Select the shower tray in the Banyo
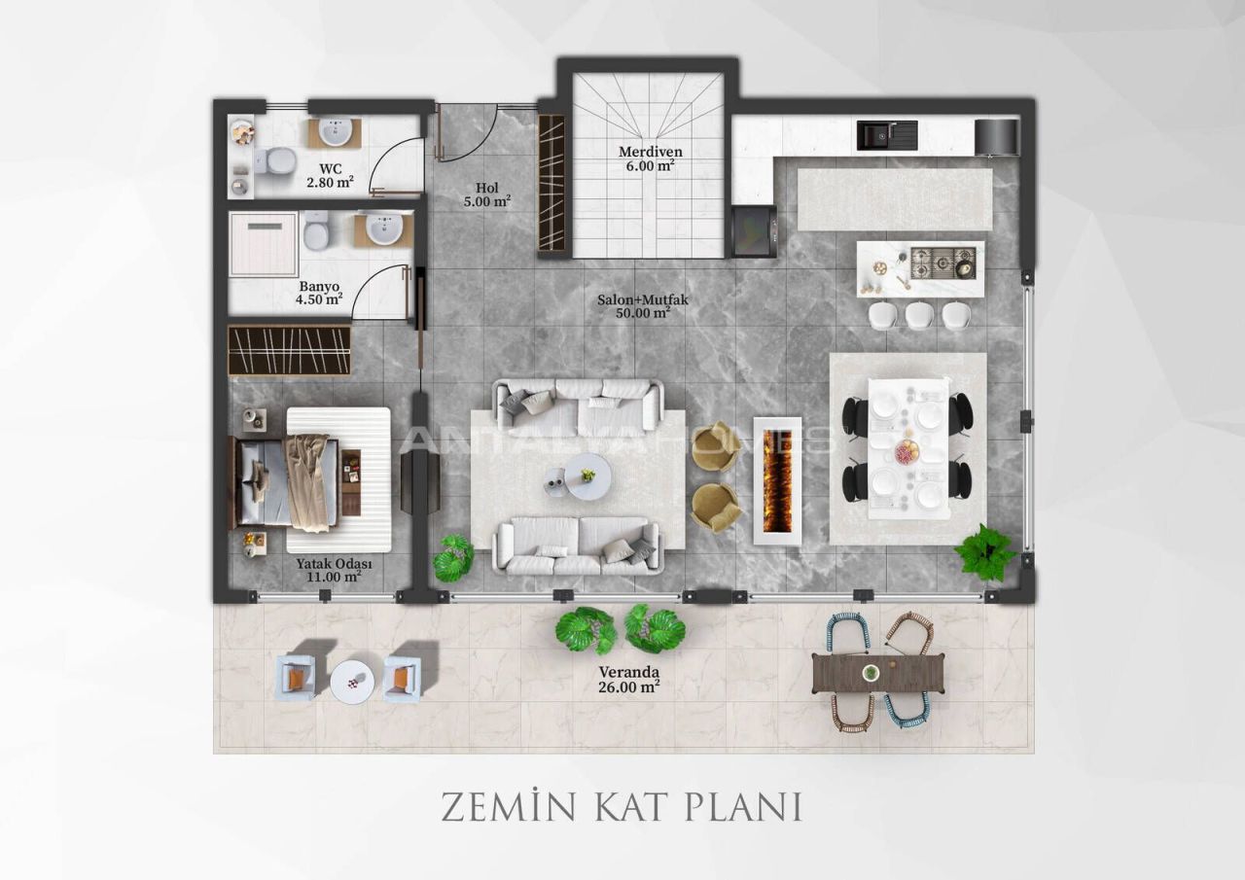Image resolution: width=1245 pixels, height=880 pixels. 263,244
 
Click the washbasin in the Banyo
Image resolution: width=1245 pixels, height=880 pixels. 384,229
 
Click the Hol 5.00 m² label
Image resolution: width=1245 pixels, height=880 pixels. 487,194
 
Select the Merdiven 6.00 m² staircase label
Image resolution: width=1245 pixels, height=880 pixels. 650,158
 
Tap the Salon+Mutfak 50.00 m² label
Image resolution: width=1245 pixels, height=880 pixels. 642,306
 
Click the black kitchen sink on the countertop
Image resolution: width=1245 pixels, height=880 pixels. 886,135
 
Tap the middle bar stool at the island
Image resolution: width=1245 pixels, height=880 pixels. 918,315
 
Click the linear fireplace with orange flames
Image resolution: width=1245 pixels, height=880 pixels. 777,480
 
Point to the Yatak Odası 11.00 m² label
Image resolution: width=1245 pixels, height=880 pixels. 333,570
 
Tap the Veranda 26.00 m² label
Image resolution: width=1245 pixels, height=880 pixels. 628,679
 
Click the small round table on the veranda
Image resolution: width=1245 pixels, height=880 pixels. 351,681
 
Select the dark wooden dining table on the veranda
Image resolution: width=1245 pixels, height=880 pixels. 878,673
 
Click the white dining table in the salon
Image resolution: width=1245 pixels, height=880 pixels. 907,448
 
